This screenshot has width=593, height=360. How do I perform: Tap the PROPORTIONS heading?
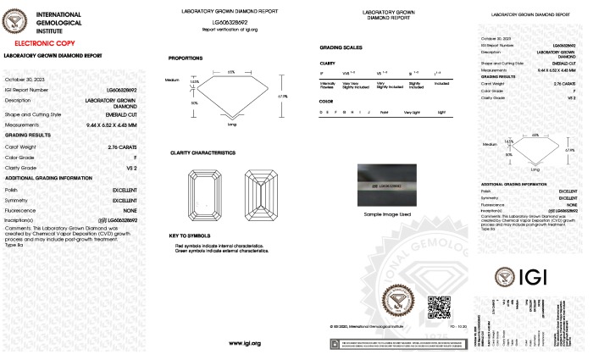186,58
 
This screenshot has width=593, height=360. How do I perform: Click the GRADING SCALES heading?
340,48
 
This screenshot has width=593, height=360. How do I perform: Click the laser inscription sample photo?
386,186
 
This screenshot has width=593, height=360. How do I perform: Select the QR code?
435,304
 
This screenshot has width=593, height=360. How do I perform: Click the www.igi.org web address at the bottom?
244,343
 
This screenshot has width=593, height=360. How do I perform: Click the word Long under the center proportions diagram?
232,125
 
